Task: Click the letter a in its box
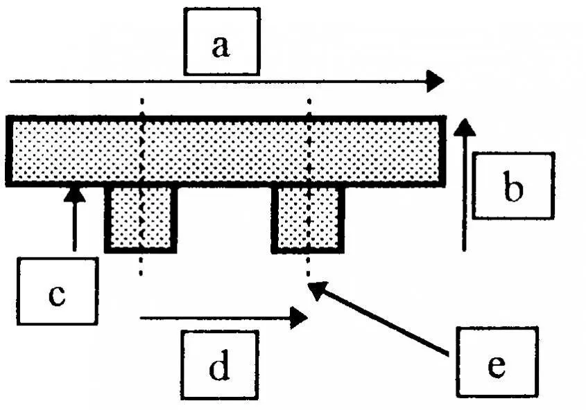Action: [x=221, y=47]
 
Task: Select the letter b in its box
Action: [x=512, y=188]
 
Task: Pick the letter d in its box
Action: [x=219, y=368]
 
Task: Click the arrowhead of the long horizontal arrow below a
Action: [x=435, y=81]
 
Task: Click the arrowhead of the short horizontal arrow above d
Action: [x=300, y=318]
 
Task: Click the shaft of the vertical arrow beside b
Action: [x=465, y=194]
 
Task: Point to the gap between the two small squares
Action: [x=223, y=218]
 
